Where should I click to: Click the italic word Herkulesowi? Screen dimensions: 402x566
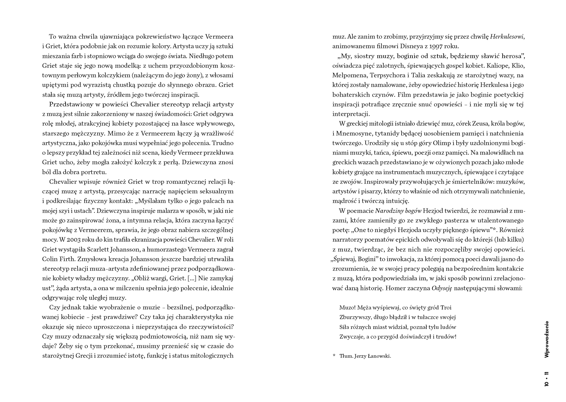point(507,37)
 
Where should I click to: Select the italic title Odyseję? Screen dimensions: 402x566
point(442,288)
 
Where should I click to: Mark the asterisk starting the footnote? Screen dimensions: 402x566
point(334,356)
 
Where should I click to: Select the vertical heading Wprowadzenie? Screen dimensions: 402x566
point(547,339)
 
